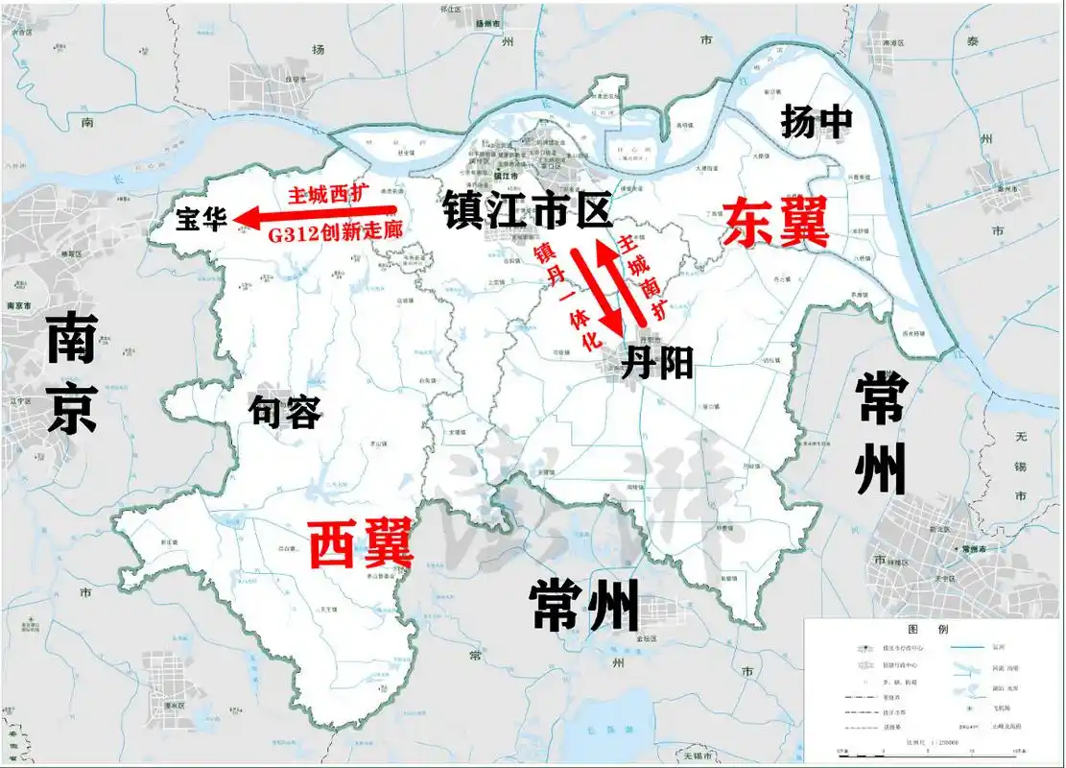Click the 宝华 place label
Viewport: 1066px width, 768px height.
coord(201,220)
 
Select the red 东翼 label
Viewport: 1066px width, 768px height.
coord(775,223)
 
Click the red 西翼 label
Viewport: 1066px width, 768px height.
coord(361,543)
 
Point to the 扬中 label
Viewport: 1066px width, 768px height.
coord(817,122)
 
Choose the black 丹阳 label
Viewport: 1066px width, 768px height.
coord(657,364)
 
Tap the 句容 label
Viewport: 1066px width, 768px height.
coord(284,413)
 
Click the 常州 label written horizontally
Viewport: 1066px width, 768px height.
coord(583,606)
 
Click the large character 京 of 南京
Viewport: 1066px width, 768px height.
coord(71,411)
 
